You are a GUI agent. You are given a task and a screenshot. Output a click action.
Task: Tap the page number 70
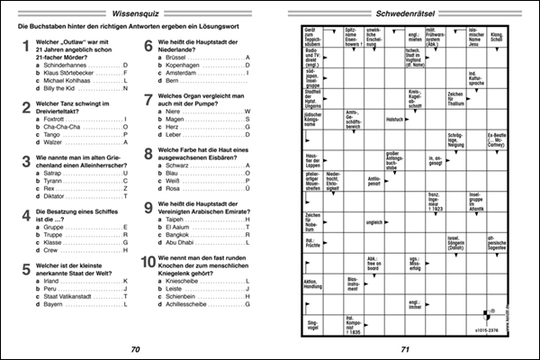[134, 349]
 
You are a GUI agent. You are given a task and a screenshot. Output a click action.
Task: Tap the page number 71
[404, 349]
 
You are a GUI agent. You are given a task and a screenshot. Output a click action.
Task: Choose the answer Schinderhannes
[58, 65]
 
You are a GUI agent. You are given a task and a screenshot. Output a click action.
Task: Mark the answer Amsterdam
[184, 73]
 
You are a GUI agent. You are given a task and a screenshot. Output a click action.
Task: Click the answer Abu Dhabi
[184, 241]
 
